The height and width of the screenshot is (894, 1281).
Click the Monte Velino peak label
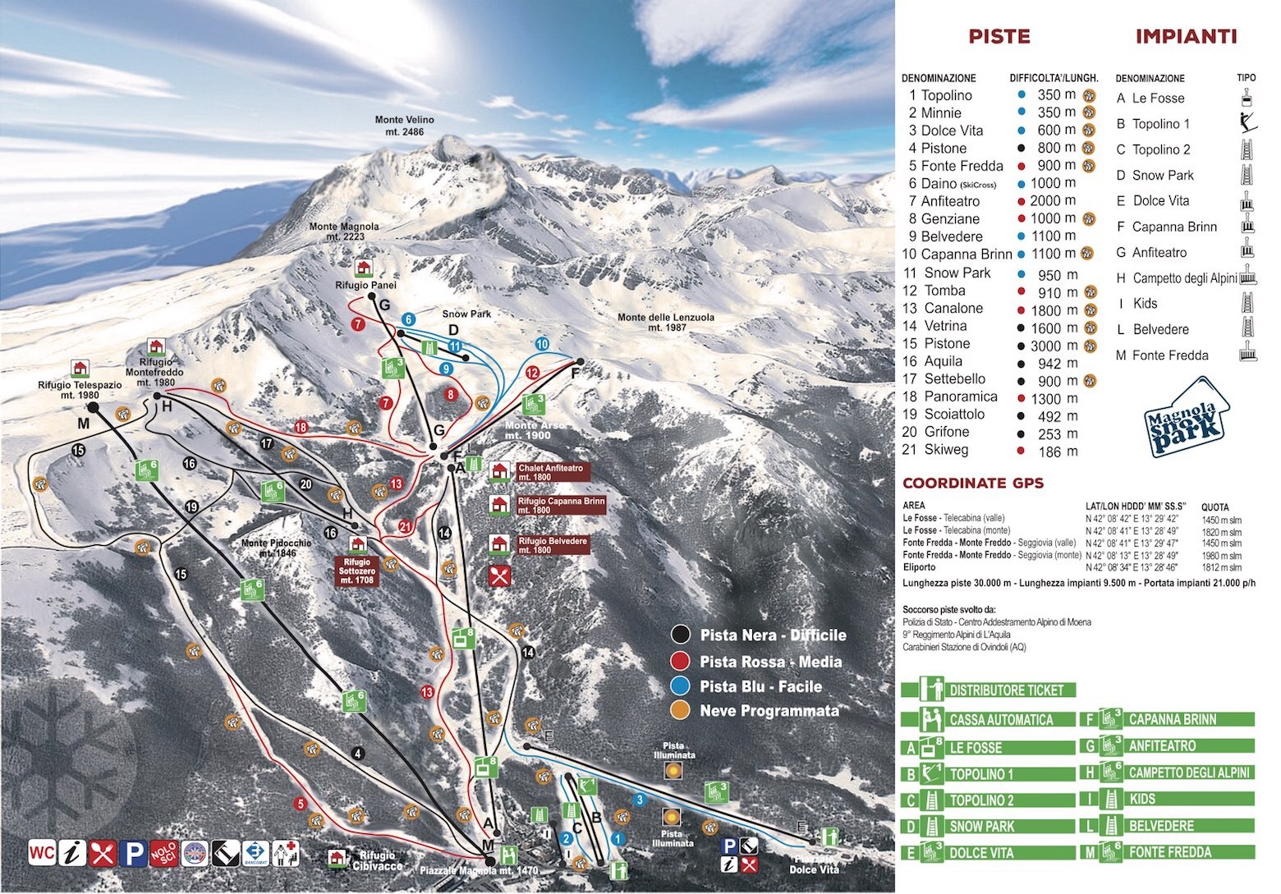coord(404,126)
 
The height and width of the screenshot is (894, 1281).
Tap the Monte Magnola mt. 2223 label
coord(344,232)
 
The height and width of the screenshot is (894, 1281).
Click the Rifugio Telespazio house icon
coord(80,368)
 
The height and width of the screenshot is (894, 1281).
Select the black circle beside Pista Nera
coord(680,635)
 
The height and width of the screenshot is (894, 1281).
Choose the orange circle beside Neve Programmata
coord(680,710)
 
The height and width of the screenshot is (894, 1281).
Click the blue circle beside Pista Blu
coord(680,685)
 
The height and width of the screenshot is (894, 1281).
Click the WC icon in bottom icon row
coord(42,853)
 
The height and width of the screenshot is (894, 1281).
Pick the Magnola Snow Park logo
coord(1188,418)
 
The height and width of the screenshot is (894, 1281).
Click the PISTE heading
coord(999,36)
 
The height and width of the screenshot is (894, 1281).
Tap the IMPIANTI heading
coord(1186,36)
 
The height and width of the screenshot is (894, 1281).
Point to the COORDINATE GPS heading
coord(972,483)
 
